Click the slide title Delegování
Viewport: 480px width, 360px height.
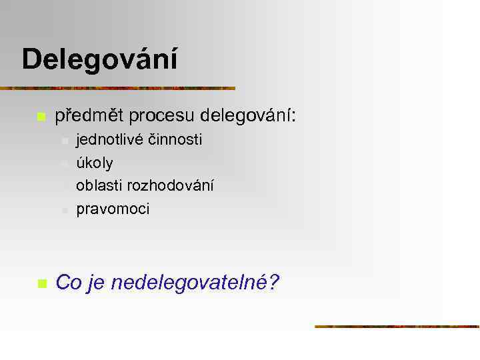(x=100, y=60)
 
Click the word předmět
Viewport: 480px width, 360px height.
(x=89, y=116)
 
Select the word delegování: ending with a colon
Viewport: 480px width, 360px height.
(x=247, y=116)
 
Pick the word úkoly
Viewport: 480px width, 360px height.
(x=95, y=163)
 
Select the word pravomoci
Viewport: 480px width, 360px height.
(x=113, y=209)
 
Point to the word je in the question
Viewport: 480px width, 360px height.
(x=96, y=283)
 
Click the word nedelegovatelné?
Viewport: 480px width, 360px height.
(x=195, y=283)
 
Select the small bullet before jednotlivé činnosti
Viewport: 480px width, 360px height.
(x=64, y=141)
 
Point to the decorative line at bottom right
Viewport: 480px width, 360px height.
(x=397, y=327)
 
